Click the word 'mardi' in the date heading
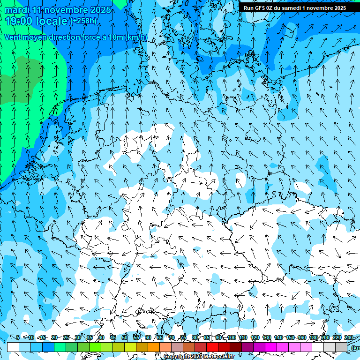pos(17,10)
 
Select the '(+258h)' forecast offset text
pos(83,21)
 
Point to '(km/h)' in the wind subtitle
pos(136,37)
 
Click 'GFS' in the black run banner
pos(260,8)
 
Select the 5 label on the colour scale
pos(18,337)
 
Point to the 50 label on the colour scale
pos(124,337)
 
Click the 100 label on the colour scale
pos(232,337)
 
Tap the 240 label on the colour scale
pos(349,337)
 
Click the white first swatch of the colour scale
pos(13,347)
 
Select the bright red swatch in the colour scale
pos(212,347)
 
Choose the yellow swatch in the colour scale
pos(130,347)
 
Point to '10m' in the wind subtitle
pos(116,37)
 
